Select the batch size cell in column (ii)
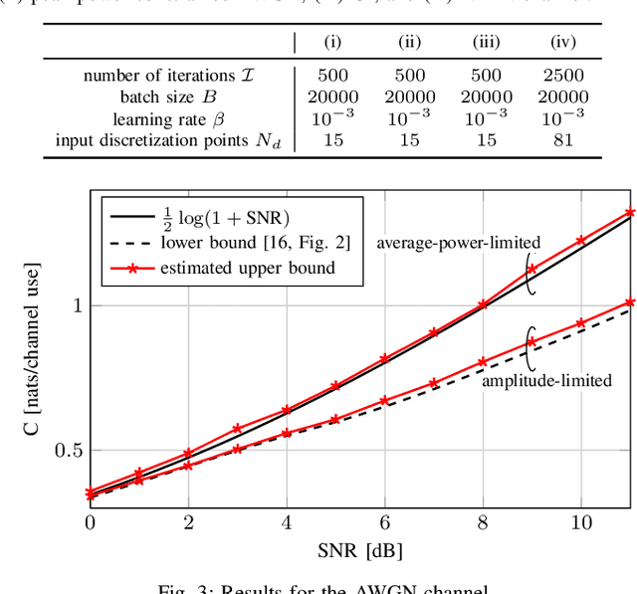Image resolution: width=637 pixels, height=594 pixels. pyautogui.click(x=409, y=98)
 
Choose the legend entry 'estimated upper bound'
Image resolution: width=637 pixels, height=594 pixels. pyautogui.click(x=248, y=267)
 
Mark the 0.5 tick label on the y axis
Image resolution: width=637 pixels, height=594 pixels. pyautogui.click(x=67, y=451)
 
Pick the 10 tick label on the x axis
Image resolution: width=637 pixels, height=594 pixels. pyautogui.click(x=580, y=522)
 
